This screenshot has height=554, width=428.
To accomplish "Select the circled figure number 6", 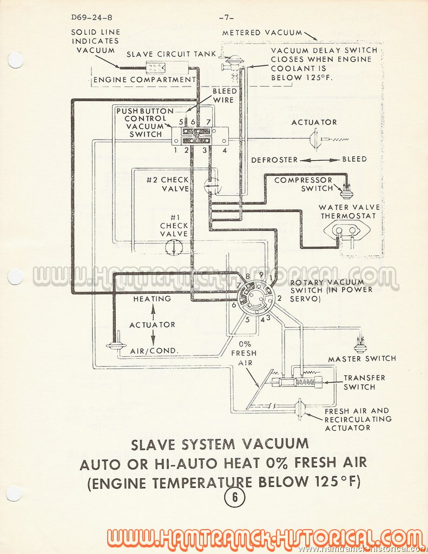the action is point(234,498).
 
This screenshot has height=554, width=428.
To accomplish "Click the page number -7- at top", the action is point(226,17).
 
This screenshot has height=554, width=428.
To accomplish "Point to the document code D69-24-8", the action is point(91,17).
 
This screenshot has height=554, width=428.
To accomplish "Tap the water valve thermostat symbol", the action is point(345,232).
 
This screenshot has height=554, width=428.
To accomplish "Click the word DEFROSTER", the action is point(275,160).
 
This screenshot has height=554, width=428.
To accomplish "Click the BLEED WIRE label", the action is point(225,95).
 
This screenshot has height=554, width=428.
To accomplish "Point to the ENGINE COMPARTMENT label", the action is point(144,80).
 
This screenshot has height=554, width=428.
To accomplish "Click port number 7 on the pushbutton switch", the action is point(208,122).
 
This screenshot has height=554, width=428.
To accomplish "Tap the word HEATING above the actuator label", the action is point(153,299).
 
